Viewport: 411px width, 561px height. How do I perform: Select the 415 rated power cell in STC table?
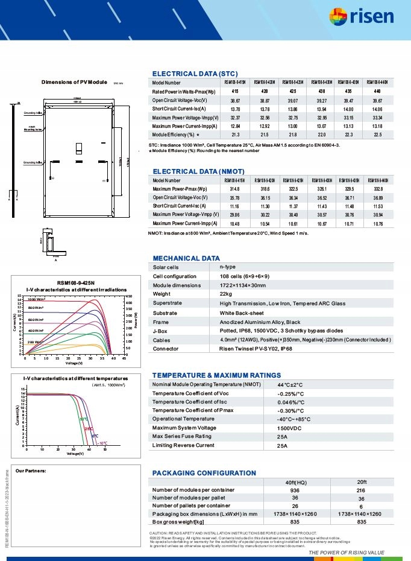point(234,91)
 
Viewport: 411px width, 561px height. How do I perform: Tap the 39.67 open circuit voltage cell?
point(378,100)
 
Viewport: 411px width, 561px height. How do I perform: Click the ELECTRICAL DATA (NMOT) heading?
point(199,171)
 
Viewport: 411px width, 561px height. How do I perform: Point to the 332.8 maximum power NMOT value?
point(378,189)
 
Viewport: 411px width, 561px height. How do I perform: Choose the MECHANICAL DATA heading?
point(186,258)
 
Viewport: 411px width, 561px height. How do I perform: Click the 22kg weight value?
point(226,294)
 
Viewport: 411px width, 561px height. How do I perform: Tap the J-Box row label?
point(160,331)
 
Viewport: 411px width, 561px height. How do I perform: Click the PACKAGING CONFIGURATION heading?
point(204,473)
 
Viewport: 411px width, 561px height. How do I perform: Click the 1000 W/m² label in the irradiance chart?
point(36,299)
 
